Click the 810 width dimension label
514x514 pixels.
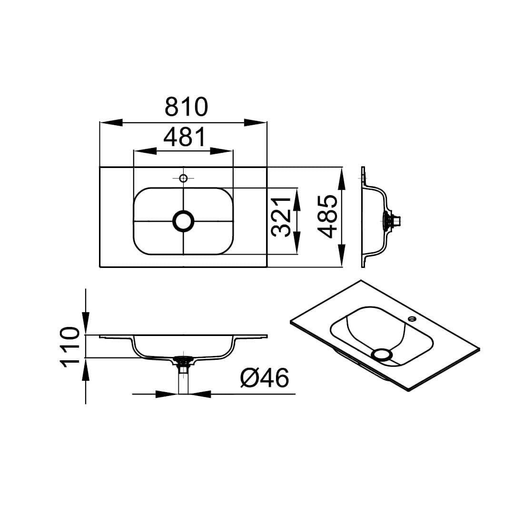(x=186, y=107)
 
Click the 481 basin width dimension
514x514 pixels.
(x=185, y=137)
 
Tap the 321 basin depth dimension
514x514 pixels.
(x=281, y=217)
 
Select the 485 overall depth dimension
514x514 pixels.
(x=328, y=217)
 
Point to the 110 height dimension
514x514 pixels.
(x=69, y=347)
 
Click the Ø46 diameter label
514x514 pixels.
(x=265, y=377)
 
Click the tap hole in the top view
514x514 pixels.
(x=183, y=178)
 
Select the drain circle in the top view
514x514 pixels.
(x=183, y=221)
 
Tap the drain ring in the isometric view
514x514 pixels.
(x=382, y=355)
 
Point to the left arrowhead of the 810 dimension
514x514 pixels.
(x=111, y=122)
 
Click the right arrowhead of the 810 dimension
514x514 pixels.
(x=256, y=122)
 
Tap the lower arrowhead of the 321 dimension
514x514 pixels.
(x=297, y=243)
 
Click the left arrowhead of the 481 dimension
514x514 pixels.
(x=145, y=151)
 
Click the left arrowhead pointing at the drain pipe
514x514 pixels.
(x=167, y=394)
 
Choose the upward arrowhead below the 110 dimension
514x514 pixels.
(x=86, y=369)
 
